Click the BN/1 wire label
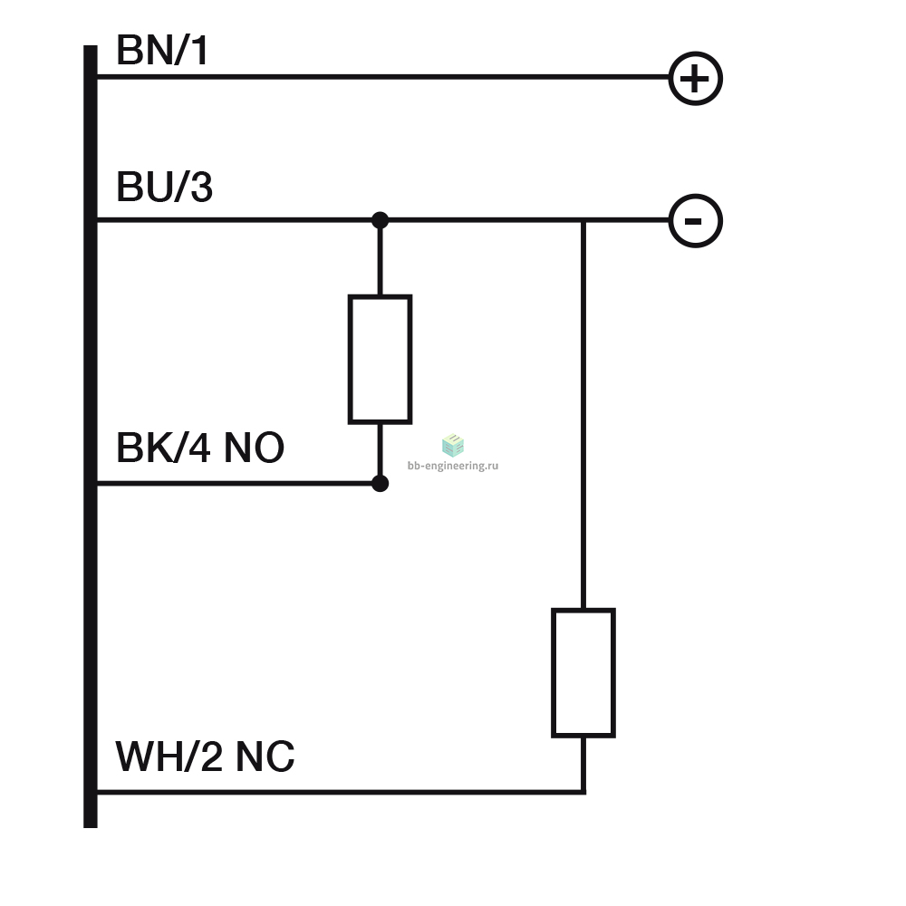(x=162, y=50)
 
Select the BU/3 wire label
(x=165, y=187)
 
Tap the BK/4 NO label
(x=200, y=448)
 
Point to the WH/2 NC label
(x=205, y=757)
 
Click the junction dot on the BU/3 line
(x=380, y=220)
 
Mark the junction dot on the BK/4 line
(x=380, y=483)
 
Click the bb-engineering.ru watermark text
(x=453, y=466)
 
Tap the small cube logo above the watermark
(x=453, y=445)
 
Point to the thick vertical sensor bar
(x=91, y=437)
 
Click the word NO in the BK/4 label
(x=254, y=448)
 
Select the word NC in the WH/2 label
(x=265, y=757)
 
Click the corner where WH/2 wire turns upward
(x=583, y=792)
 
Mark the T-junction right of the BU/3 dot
(x=583, y=220)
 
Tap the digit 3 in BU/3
(x=201, y=187)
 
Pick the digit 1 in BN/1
(x=200, y=50)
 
